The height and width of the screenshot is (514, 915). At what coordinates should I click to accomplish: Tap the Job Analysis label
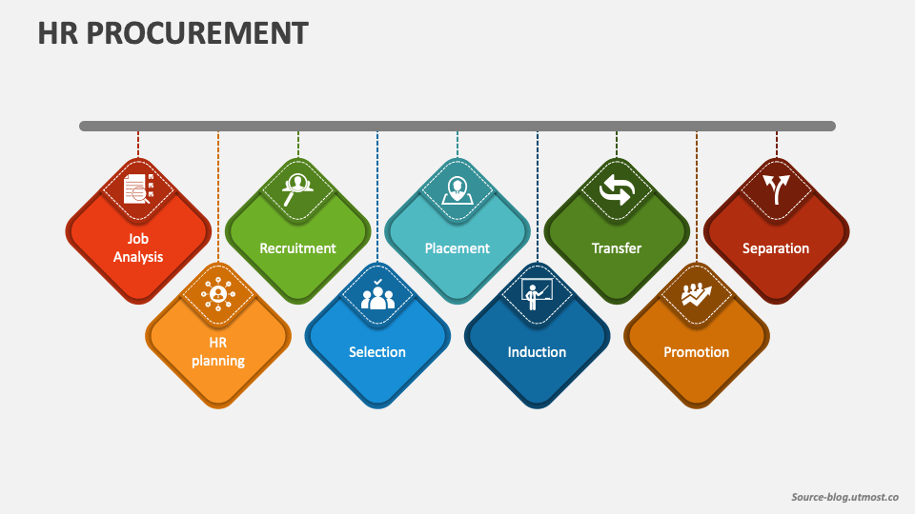pyautogui.click(x=138, y=247)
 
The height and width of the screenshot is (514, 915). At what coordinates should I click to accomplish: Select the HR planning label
pyautogui.click(x=218, y=351)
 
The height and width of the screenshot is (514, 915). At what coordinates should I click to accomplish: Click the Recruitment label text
pyautogui.click(x=297, y=248)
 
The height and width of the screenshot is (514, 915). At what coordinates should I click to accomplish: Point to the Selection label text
pyautogui.click(x=377, y=352)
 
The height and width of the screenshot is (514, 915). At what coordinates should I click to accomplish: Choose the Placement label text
pyautogui.click(x=457, y=248)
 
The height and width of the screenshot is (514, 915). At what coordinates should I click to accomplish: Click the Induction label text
pyautogui.click(x=537, y=352)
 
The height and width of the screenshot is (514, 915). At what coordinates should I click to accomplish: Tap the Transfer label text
pyautogui.click(x=617, y=248)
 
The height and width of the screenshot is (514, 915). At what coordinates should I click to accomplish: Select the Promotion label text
pyautogui.click(x=697, y=352)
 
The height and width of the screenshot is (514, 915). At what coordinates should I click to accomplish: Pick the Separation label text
pyautogui.click(x=776, y=248)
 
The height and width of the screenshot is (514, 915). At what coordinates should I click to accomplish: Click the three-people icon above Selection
pyautogui.click(x=377, y=294)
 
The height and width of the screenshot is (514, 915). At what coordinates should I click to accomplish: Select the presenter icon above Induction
pyautogui.click(x=537, y=294)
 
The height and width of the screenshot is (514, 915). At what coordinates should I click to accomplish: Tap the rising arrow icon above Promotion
pyautogui.click(x=697, y=294)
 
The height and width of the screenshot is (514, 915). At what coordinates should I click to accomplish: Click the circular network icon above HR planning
pyautogui.click(x=218, y=294)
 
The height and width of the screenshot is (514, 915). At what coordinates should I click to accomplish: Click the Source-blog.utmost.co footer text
pyautogui.click(x=845, y=497)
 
